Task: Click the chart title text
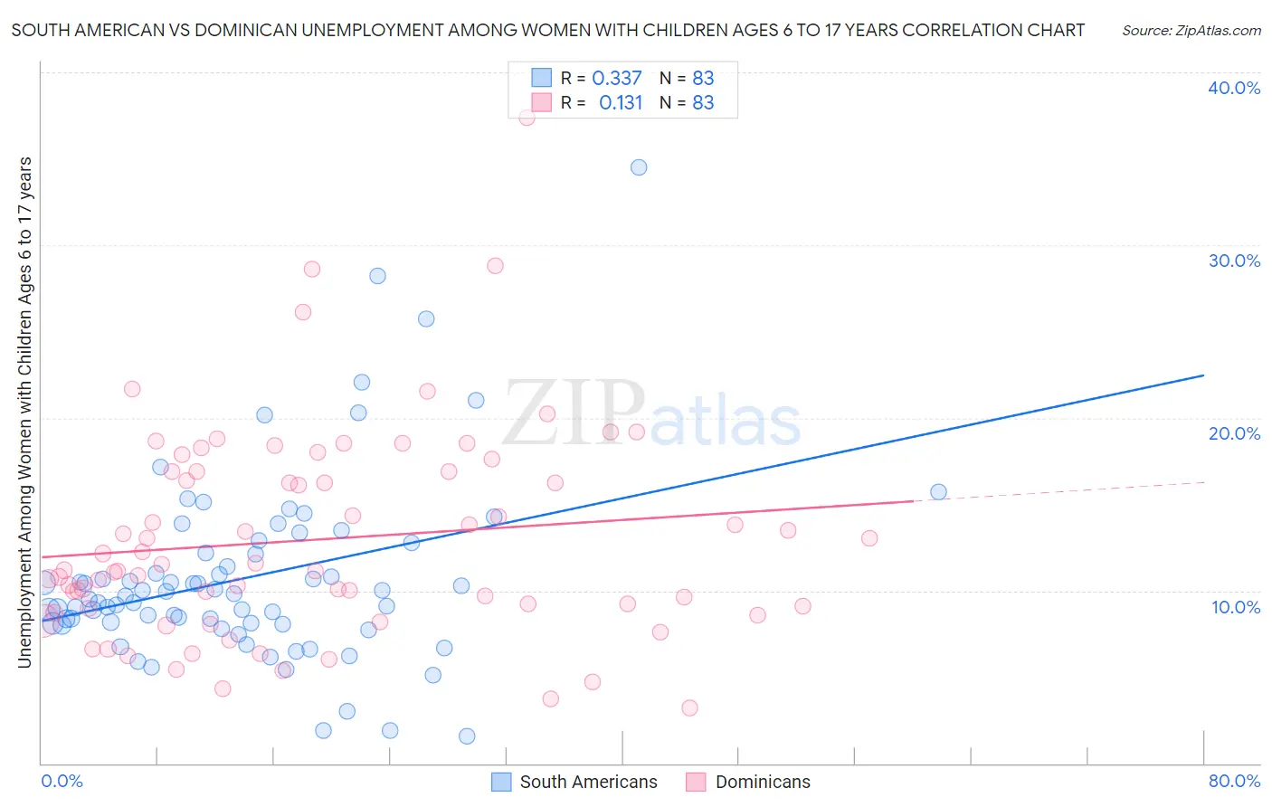click(x=547, y=30)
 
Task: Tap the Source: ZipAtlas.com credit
click(x=1191, y=30)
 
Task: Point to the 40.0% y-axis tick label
click(x=1234, y=88)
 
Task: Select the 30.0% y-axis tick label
click(x=1234, y=261)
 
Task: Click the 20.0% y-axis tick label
click(x=1234, y=433)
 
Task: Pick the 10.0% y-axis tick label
click(x=1236, y=607)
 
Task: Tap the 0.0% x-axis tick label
click(x=62, y=781)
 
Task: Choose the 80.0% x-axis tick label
click(x=1234, y=781)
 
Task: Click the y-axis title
click(x=24, y=413)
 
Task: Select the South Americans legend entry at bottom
click(x=574, y=782)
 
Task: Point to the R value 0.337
click(x=617, y=79)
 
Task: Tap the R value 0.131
click(x=621, y=103)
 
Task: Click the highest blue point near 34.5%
click(x=639, y=167)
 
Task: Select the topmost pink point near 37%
click(x=527, y=117)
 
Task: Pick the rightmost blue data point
click(x=938, y=492)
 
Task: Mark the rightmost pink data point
click(x=869, y=538)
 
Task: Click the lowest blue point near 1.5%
click(x=467, y=736)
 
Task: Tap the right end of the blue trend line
click(x=1203, y=375)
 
